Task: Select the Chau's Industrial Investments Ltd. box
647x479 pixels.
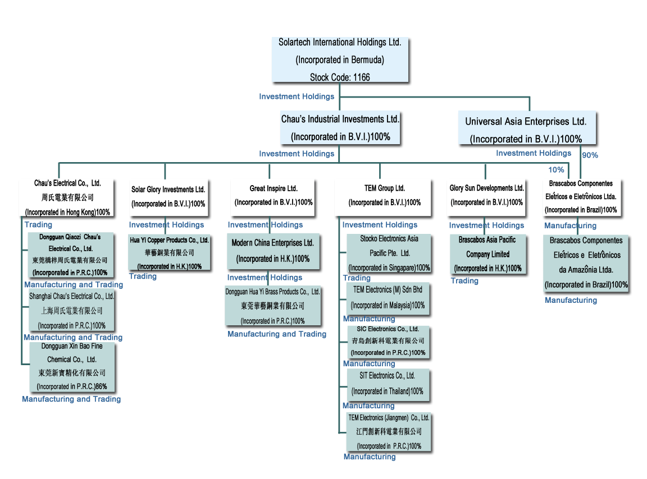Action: click(340, 128)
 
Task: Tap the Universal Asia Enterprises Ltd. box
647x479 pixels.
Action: click(526, 130)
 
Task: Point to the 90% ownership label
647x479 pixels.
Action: click(590, 155)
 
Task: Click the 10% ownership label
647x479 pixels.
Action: click(556, 170)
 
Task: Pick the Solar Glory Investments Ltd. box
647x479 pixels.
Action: click(168, 197)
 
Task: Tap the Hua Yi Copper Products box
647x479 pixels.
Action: click(170, 253)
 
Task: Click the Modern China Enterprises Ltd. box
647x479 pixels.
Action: click(274, 251)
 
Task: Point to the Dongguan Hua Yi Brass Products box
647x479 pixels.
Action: click(273, 306)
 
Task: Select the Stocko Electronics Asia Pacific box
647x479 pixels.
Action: click(389, 254)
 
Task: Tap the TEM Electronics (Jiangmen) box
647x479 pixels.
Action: click(389, 432)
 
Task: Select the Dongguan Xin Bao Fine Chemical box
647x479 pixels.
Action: click(72, 366)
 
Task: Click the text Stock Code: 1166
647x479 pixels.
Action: click(340, 77)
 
